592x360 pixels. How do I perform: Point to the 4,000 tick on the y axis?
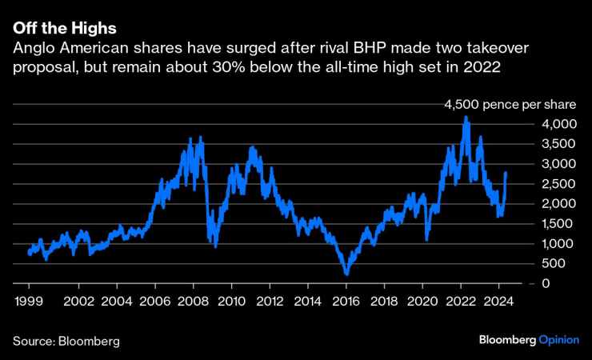point(553,124)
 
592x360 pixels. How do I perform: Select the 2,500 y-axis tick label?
point(553,184)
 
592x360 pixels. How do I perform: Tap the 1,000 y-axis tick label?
point(553,244)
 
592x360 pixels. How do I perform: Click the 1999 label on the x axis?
point(29,302)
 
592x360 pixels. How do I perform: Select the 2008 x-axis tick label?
point(194,302)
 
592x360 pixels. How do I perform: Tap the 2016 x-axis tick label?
point(346,302)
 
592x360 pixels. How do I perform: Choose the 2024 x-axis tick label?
point(498,302)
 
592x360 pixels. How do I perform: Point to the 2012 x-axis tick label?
point(270,302)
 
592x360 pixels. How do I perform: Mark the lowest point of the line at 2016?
point(346,274)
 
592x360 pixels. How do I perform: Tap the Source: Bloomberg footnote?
point(66,342)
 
